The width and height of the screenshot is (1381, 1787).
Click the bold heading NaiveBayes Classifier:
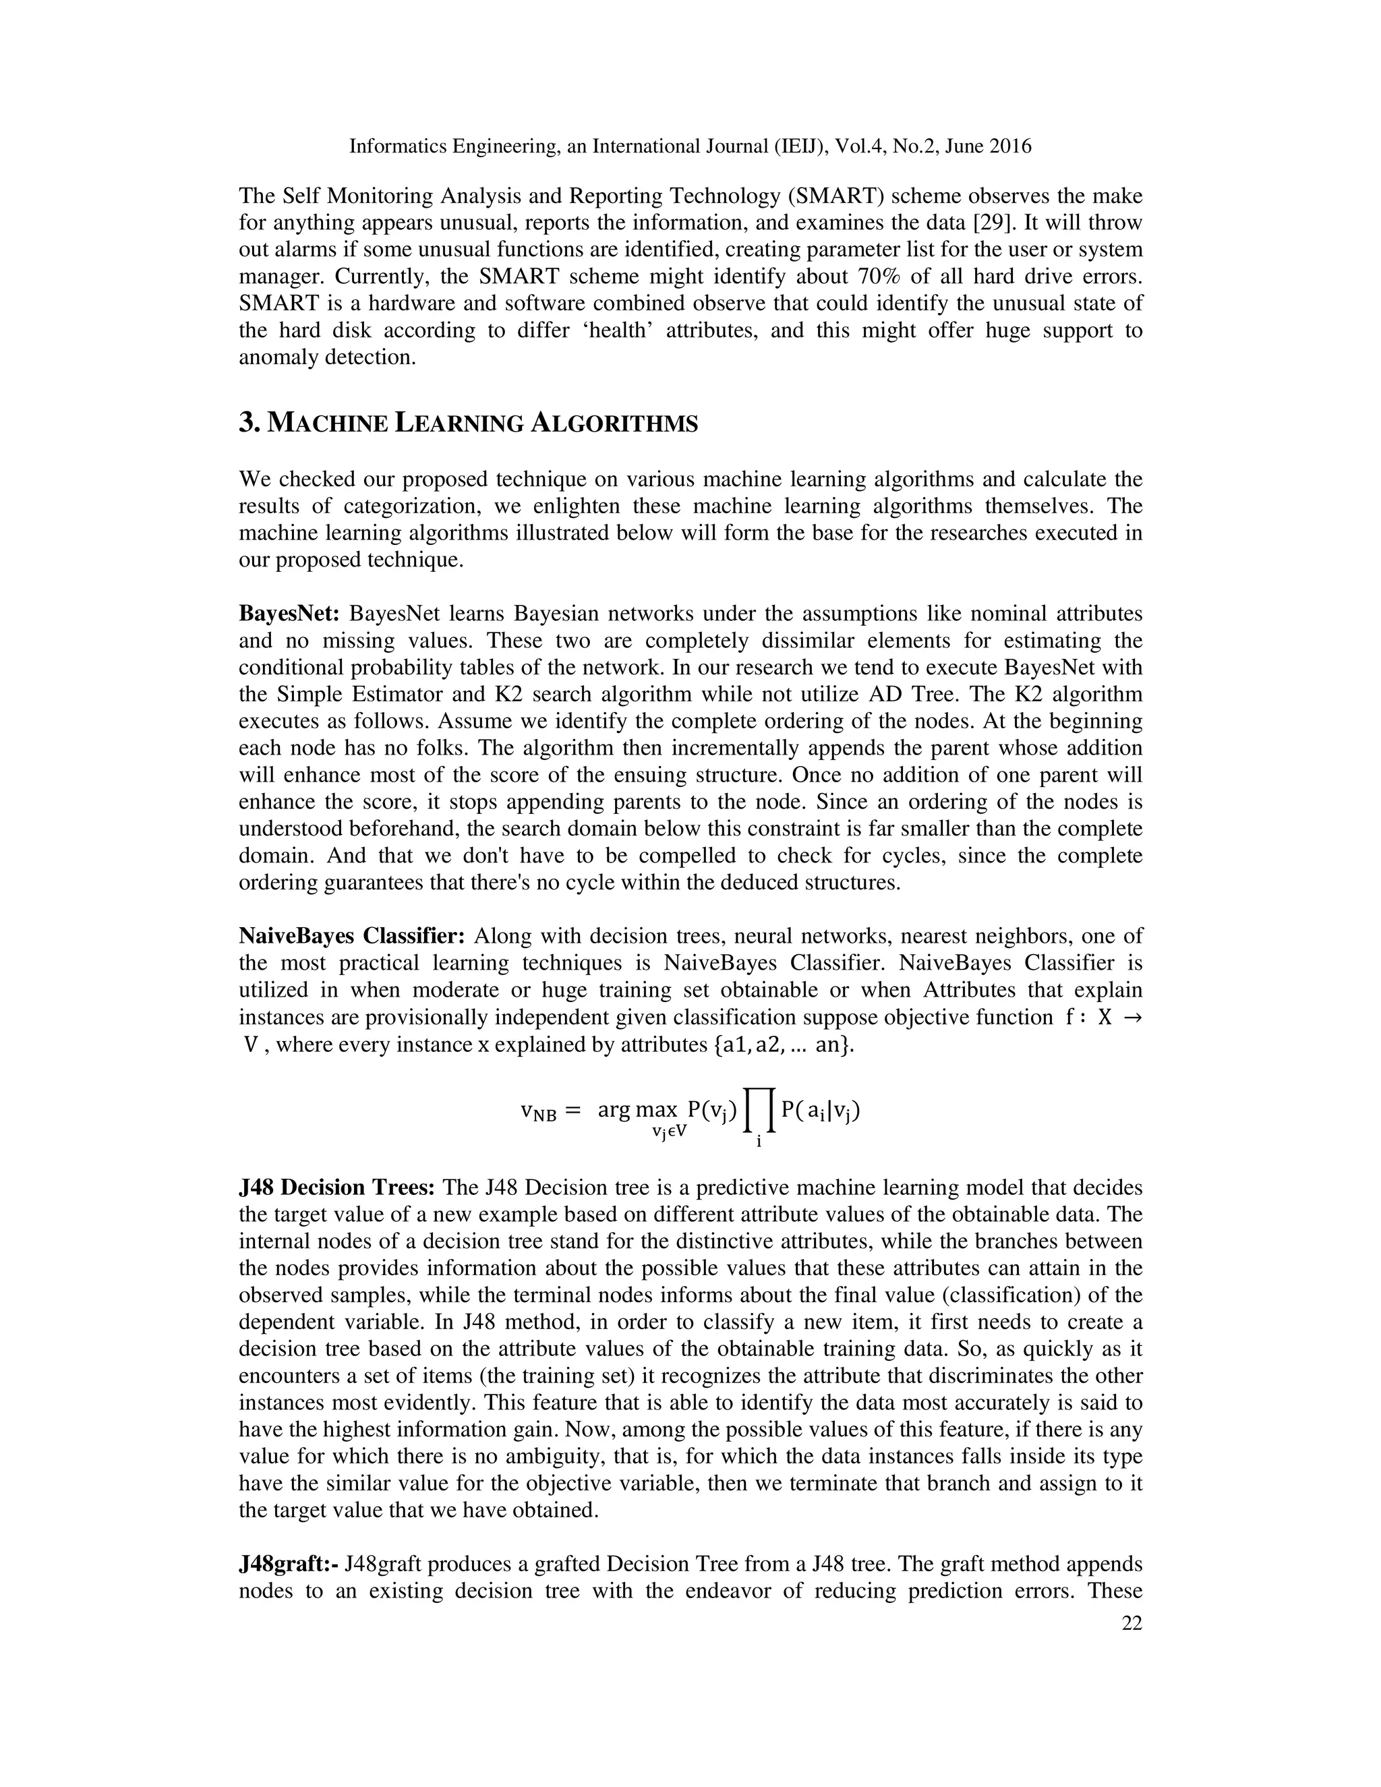(352, 936)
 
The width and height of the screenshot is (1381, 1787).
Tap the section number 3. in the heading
(249, 424)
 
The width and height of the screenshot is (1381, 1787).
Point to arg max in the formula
(637, 1111)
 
